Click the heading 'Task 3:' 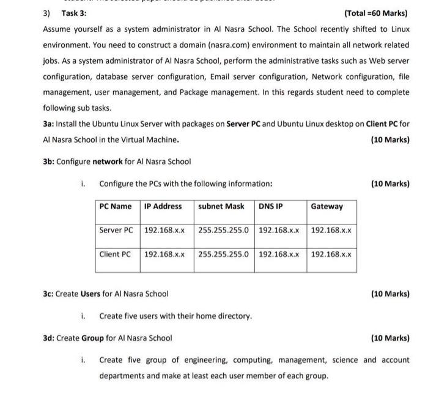click(74, 13)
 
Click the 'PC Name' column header click(116, 206)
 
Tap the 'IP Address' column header click(163, 206)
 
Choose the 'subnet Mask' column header click(221, 206)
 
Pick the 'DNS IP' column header click(270, 206)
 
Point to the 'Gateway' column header click(327, 206)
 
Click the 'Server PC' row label click(116, 230)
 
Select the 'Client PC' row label click(116, 253)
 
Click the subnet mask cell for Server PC click(224, 230)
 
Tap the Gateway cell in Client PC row click(331, 253)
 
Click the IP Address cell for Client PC click(164, 253)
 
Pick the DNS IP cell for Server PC click(279, 230)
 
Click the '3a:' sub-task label click(48, 124)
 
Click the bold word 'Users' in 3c click(90, 294)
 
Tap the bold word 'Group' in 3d click(92, 338)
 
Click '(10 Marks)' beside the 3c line click(390, 294)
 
